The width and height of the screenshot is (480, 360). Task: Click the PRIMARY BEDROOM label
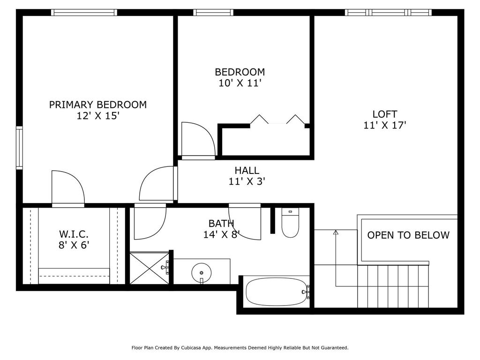tap(97, 105)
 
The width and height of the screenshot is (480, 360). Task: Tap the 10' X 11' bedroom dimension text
tap(240, 83)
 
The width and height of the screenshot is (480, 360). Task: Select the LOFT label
tap(385, 114)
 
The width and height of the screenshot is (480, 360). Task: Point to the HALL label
tap(247, 170)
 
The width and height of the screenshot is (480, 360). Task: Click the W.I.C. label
tap(74, 234)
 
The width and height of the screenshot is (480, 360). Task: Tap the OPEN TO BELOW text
tap(408, 235)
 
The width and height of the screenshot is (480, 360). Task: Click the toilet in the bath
tap(290, 223)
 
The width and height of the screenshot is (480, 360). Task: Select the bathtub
tap(277, 292)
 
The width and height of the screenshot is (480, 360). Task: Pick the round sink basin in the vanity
tap(202, 272)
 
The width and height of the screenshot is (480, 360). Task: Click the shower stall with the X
tap(150, 268)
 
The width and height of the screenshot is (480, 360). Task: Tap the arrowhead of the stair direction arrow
tap(336, 232)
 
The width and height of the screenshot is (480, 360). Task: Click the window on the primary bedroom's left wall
tap(19, 148)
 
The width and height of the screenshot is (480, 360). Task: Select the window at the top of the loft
tap(388, 13)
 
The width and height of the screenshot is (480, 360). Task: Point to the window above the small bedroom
tap(213, 13)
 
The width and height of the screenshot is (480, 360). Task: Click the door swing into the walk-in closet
tap(68, 187)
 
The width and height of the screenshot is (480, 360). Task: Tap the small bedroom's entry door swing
tap(198, 140)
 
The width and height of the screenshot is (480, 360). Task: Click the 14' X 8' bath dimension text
tap(222, 234)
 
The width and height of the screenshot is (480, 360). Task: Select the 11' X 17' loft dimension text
tap(385, 125)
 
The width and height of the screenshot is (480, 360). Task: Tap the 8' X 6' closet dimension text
tap(74, 245)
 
